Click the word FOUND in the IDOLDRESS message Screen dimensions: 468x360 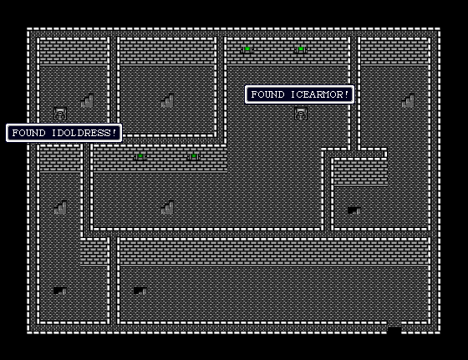point(28,133)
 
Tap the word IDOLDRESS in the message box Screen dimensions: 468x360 point(82,133)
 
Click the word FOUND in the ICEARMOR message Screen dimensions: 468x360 point(267,94)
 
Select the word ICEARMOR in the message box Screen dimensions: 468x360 point(317,94)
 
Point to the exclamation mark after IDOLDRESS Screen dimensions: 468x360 point(114,133)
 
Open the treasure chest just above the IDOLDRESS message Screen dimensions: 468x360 point(60,114)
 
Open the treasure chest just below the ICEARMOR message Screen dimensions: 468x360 point(301,114)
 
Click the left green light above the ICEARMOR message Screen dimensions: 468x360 point(247,49)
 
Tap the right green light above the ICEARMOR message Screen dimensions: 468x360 point(301,49)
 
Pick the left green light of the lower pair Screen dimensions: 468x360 point(140,156)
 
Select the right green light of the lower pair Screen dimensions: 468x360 point(194,156)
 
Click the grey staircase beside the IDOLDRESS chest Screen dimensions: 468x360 point(87,100)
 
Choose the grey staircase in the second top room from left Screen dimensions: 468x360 point(167,100)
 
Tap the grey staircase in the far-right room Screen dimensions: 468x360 point(408,100)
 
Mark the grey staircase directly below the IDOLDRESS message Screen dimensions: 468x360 point(60,208)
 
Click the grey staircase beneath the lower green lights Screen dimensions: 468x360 point(167,208)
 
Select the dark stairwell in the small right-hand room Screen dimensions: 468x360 point(354,210)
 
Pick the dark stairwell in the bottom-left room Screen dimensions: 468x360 point(60,291)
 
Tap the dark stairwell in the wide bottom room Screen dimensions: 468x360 point(140,291)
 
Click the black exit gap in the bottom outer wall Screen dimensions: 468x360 point(394,330)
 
